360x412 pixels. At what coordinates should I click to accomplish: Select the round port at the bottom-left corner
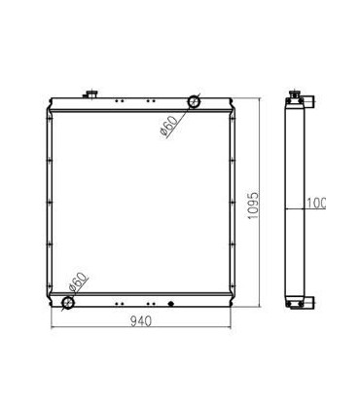(x=69, y=303)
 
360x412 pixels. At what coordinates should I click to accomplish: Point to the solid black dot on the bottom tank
(x=171, y=303)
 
